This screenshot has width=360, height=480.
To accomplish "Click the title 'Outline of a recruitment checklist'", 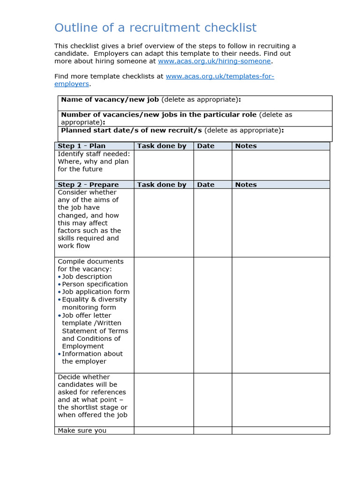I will [x=155, y=28].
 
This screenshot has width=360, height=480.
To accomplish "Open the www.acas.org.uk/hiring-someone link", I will [x=214, y=61].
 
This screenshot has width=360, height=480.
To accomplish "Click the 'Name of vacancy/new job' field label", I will [x=111, y=99].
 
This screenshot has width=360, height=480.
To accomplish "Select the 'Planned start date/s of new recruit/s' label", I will [x=131, y=130].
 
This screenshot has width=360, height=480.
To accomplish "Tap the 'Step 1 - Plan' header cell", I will [x=82, y=146].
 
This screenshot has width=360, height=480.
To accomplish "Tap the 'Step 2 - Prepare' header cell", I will [x=88, y=185].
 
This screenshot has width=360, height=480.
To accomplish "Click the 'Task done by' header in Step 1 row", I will [x=162, y=146].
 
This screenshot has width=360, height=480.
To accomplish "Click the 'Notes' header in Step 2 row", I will [x=246, y=185].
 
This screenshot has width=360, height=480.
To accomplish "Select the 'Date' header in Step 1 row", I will [x=206, y=146].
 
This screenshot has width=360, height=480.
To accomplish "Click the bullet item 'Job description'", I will [x=87, y=277].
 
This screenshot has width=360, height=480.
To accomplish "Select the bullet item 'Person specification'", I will [x=95, y=284].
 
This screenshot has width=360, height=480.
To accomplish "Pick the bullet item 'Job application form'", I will [x=96, y=292].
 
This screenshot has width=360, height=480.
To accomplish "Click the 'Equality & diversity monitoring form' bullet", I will [x=94, y=303].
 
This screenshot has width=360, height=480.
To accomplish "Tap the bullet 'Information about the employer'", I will [x=92, y=358].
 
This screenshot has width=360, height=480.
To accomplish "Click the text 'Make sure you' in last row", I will [x=82, y=430].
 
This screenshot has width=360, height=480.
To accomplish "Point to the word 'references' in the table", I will [x=109, y=392].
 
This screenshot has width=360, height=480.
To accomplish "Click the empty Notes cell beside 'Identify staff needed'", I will [x=280, y=165].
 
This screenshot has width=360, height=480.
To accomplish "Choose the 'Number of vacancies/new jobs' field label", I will [x=158, y=114].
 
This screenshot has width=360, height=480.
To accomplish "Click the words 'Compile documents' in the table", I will [x=90, y=261].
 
